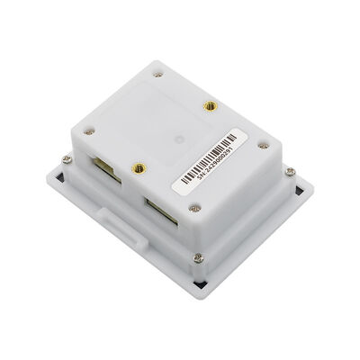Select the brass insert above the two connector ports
[138, 167]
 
